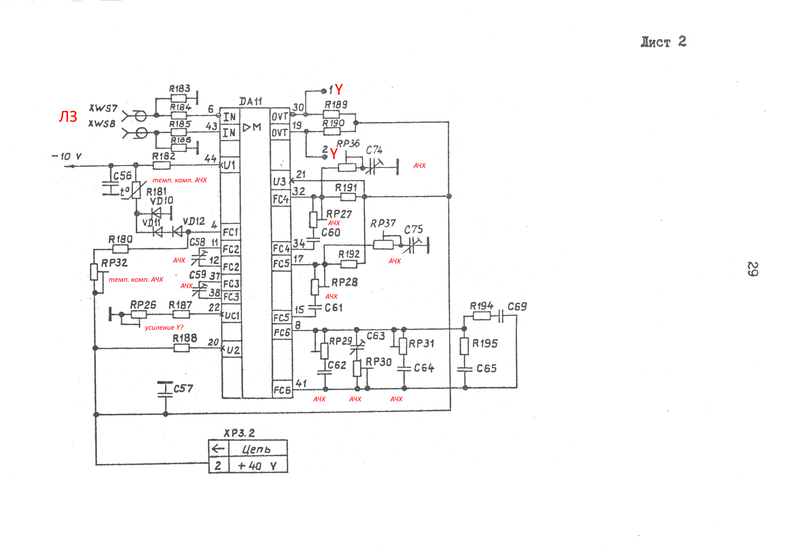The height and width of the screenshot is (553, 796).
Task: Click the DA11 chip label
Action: pyautogui.click(x=251, y=102)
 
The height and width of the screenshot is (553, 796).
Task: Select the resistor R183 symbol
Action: pyautogui.click(x=178, y=98)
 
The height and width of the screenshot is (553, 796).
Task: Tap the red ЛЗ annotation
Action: pyautogui.click(x=68, y=117)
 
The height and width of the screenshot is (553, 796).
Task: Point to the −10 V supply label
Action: pyautogui.click(x=67, y=157)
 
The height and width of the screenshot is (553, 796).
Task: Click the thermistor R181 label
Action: pyautogui.click(x=156, y=192)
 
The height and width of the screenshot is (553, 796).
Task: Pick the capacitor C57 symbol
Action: pyautogui.click(x=165, y=389)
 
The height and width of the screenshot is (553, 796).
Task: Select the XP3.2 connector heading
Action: pyautogui.click(x=239, y=433)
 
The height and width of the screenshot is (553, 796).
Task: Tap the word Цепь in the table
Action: pyautogui.click(x=257, y=449)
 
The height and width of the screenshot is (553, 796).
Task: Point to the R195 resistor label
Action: pyautogui.click(x=485, y=343)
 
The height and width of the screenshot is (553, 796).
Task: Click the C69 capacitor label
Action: pyautogui.click(x=517, y=307)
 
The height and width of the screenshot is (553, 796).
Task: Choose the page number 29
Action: pyautogui.click(x=753, y=269)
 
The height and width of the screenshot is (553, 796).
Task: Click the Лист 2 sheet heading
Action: pyautogui.click(x=663, y=42)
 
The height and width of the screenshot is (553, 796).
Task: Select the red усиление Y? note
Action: pyautogui.click(x=164, y=328)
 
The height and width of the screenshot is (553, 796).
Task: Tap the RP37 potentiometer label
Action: pyautogui.click(x=383, y=223)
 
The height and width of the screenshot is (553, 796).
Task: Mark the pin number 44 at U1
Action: pyautogui.click(x=210, y=159)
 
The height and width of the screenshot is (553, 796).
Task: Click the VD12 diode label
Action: pyautogui.click(x=194, y=221)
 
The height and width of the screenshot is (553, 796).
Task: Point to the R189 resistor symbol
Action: pyautogui.click(x=331, y=114)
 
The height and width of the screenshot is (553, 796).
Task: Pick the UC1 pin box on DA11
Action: pyautogui.click(x=232, y=315)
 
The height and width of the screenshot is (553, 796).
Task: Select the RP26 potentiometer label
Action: pyautogui.click(x=143, y=305)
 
